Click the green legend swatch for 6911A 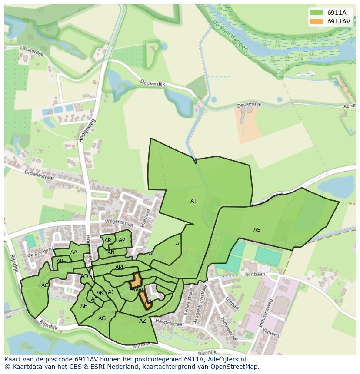point(316,13)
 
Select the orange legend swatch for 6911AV point(316,21)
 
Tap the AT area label point(193,201)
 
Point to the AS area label point(257,229)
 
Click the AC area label point(45,285)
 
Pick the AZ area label point(143,321)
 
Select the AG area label point(102,318)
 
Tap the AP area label point(122,240)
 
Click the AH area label point(84,306)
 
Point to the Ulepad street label point(233,302)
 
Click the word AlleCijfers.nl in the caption point(226,359)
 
